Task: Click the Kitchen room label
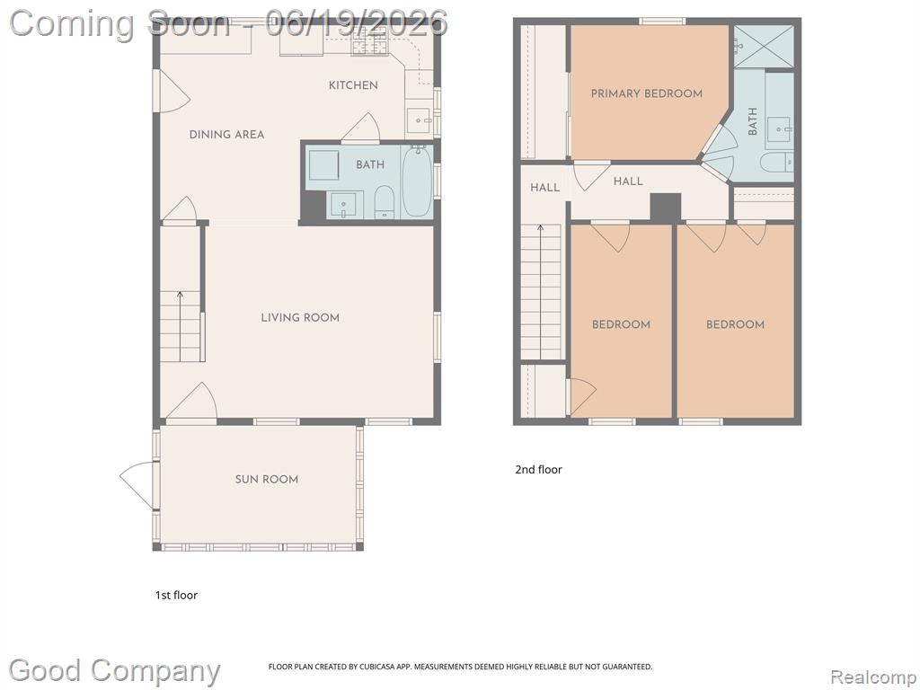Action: [352, 85]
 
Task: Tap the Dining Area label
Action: [226, 135]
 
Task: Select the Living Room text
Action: [300, 318]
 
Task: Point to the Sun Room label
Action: [266, 480]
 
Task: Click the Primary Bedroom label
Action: [646, 93]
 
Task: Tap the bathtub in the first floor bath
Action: [417, 181]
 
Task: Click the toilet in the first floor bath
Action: [384, 203]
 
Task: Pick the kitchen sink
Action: [419, 120]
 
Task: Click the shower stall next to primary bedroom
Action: [762, 47]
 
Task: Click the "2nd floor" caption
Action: [538, 469]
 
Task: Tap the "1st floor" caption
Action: [176, 595]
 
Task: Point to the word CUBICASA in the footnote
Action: [375, 667]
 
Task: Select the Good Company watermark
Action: [114, 671]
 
